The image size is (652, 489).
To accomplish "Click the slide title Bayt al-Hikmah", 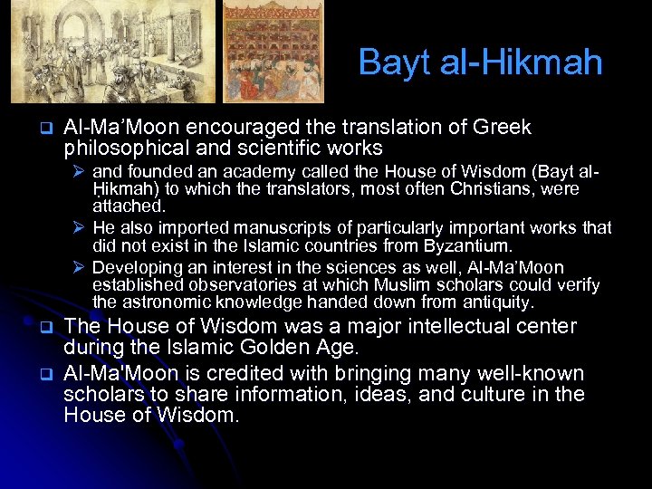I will (480, 62).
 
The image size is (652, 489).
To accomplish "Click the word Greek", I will (503, 128).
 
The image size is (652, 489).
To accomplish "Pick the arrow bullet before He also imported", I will (80, 228).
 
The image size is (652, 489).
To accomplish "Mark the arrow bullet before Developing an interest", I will (80, 268).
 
